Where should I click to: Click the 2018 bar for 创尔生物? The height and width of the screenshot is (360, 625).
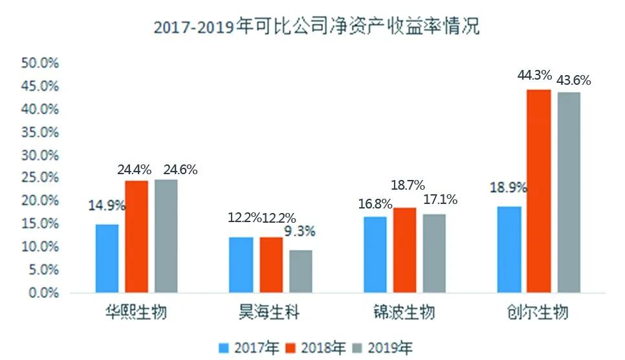pyautogui.click(x=538, y=191)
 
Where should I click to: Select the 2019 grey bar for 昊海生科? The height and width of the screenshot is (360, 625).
pyautogui.click(x=300, y=271)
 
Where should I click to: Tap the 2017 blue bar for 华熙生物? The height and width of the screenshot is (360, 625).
pyautogui.click(x=107, y=258)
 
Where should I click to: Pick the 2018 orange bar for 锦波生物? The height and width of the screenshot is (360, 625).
pyautogui.click(x=404, y=250)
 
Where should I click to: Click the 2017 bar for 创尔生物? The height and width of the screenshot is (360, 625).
pyautogui.click(x=509, y=249)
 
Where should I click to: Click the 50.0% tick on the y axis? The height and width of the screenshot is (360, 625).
pyautogui.click(x=40, y=63)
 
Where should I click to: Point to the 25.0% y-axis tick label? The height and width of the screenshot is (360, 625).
pyautogui.click(x=40, y=178)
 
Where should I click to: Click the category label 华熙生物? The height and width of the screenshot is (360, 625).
pyautogui.click(x=136, y=313)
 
